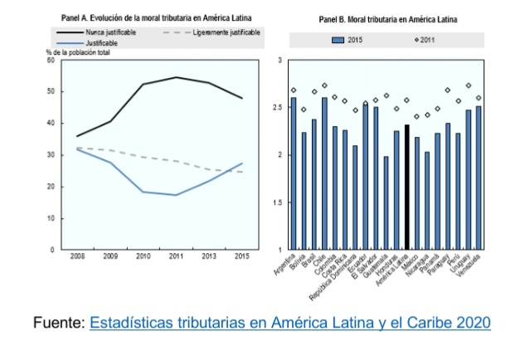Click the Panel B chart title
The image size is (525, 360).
coord(384,18)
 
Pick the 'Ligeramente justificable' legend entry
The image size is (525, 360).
coord(226,31)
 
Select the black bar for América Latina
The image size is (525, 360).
coord(407,187)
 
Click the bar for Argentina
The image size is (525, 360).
coord(294,173)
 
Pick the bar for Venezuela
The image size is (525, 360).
coord(479,178)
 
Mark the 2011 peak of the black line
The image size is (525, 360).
coord(175,77)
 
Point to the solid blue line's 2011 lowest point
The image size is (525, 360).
coord(175,195)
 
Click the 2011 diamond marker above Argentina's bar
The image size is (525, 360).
coord(294,90)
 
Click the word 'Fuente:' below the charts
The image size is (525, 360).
coord(57,322)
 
